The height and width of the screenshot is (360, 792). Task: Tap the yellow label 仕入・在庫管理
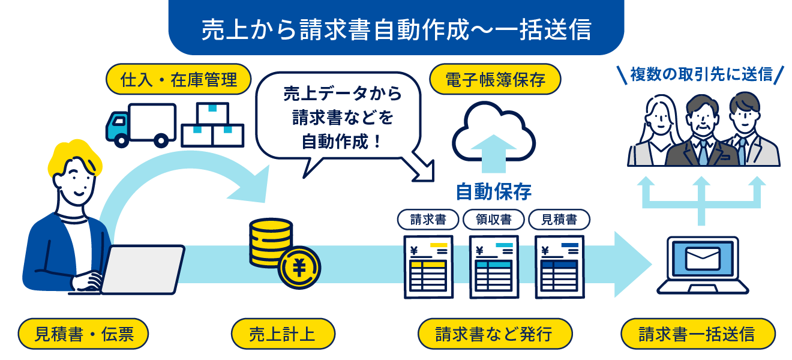pos(178,79)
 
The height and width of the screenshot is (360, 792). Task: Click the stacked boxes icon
pos(212,125)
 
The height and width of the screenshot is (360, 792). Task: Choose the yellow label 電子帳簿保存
pos(495,79)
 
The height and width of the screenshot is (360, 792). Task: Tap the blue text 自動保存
pos(493,191)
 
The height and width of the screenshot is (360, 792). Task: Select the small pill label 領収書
pos(494,220)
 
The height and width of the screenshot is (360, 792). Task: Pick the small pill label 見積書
pos(559,220)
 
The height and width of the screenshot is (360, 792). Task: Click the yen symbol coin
pos(299,268)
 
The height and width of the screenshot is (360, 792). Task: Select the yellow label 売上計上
pos(283,334)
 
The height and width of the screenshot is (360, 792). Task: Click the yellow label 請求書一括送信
pos(698,334)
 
